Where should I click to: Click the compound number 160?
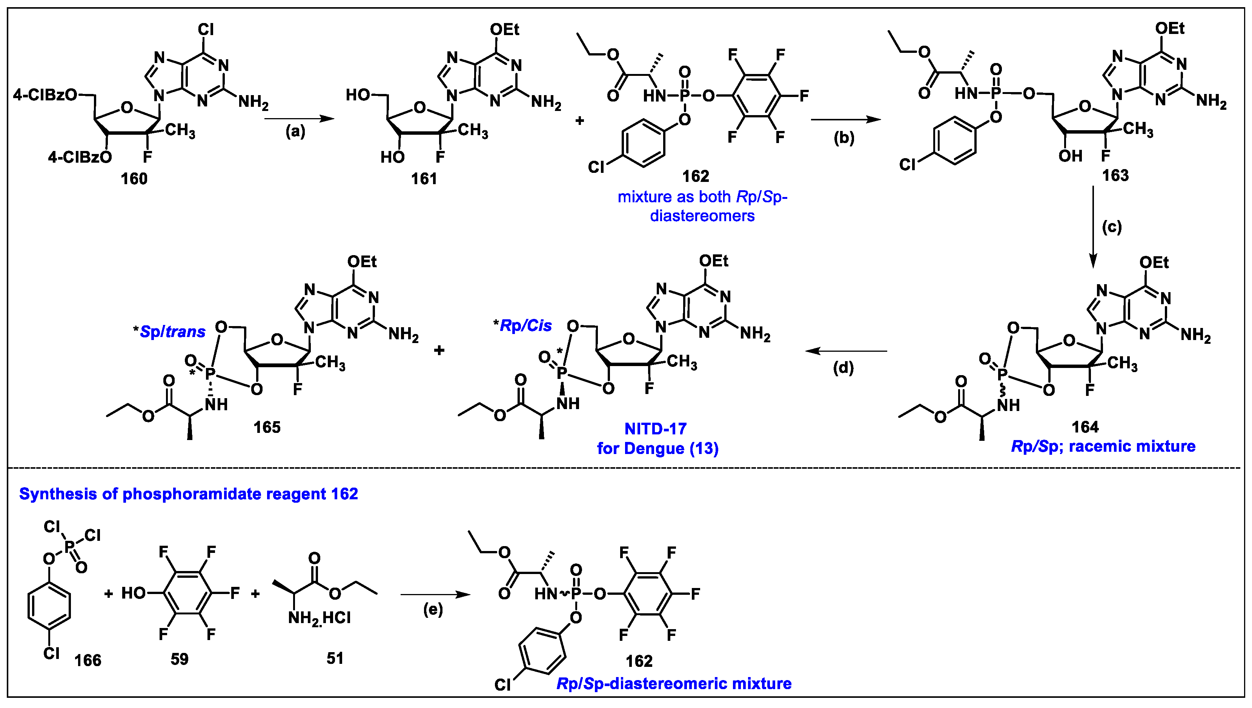pos(134,179)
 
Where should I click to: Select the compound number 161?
pos(424,179)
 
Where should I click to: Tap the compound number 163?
pos(1115,175)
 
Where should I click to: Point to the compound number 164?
pos(1085,427)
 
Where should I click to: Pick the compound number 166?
pos(88,660)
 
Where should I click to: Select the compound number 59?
pos(179,659)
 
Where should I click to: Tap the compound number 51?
pos(335,659)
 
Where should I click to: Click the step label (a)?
pos(295,132)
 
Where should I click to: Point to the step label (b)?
pos(844,138)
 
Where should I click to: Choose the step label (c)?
pos(1112,227)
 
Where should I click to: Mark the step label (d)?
pos(843,368)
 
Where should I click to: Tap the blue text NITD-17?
pos(655,429)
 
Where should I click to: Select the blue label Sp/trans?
pos(172,332)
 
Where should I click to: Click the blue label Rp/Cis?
pos(525,326)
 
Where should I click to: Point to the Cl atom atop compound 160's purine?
pos(206,30)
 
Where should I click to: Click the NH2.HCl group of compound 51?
pos(319,618)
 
